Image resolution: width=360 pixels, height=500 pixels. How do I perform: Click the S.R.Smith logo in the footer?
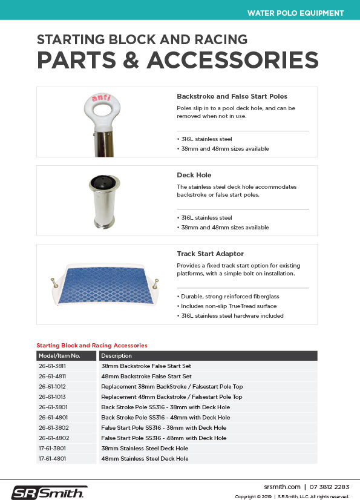point(50,492)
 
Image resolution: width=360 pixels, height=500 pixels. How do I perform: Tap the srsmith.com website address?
point(282,486)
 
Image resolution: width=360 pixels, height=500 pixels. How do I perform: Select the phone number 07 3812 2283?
point(329,486)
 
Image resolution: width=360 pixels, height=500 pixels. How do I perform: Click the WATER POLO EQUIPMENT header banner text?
point(295,13)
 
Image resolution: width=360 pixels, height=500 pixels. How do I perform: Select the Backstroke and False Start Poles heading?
point(232,96)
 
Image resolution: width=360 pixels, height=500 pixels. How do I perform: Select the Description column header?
point(116,355)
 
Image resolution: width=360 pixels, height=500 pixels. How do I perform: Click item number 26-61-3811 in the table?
point(52,366)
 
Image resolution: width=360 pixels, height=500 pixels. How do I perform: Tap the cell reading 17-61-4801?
point(52,458)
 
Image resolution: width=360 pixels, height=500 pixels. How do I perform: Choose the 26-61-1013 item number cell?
point(52,396)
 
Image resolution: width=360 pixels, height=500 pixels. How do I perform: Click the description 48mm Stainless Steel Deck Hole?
point(145,458)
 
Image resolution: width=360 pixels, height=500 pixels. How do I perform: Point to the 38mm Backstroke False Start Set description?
point(146,366)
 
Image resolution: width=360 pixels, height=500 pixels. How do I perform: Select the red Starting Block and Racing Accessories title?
point(92,345)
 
